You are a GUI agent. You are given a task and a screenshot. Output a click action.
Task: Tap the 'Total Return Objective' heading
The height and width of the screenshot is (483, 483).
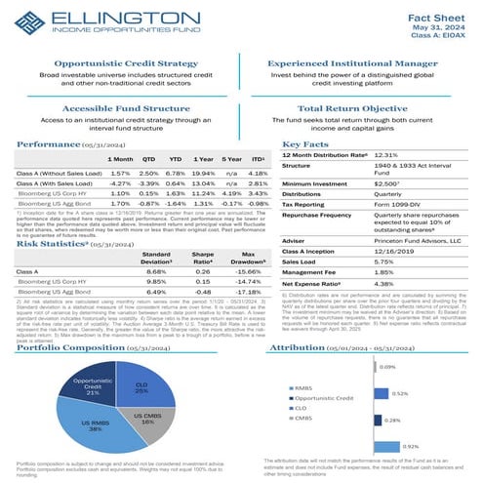pos(356,110)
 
